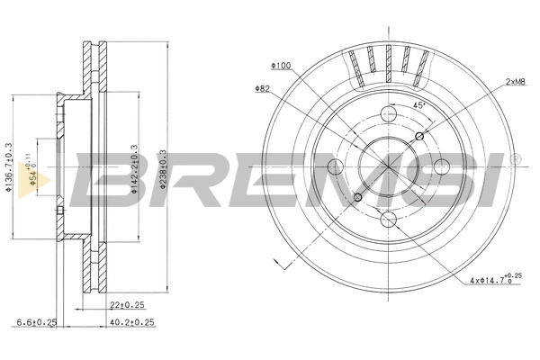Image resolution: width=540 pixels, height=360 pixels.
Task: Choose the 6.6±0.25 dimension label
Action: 38,321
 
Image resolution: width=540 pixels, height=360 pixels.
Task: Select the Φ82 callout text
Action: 263,88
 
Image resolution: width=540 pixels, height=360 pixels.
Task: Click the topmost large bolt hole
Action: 388,114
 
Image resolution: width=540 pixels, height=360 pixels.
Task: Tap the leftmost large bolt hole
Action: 335,167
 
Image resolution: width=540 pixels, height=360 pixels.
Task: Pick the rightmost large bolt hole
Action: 441,167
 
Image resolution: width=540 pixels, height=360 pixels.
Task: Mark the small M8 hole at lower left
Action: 357,197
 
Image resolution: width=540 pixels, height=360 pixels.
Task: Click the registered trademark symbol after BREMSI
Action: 514,159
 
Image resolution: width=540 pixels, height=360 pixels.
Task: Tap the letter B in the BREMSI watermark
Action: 103,183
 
